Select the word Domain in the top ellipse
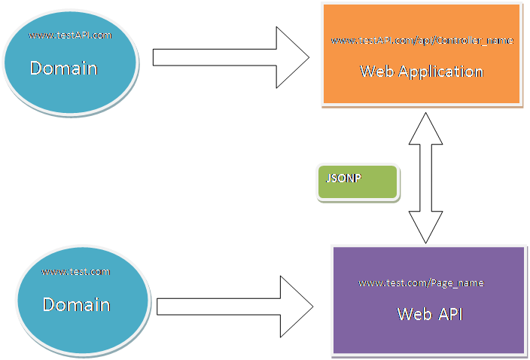pyautogui.click(x=64, y=69)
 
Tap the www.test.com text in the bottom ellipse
pyautogui.click(x=75, y=271)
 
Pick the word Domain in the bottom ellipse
pyautogui.click(x=76, y=305)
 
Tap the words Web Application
pyautogui.click(x=422, y=72)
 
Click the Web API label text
pyautogui.click(x=430, y=313)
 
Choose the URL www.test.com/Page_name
pyautogui.click(x=422, y=282)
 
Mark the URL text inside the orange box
pyautogui.click(x=422, y=40)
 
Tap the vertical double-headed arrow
pyautogui.click(x=425, y=178)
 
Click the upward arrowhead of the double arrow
pyautogui.click(x=425, y=128)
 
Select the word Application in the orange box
pyautogui.click(x=440, y=72)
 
